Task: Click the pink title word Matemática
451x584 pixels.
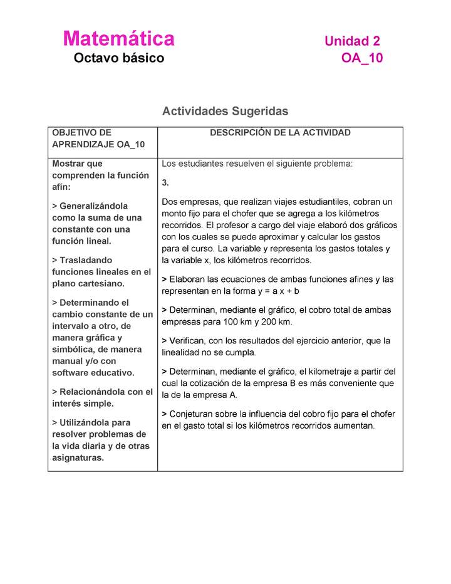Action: [x=118, y=39]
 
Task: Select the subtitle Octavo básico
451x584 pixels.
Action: [x=118, y=58]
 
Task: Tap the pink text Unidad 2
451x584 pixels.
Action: [x=352, y=41]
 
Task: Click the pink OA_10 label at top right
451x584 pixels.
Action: [x=361, y=58]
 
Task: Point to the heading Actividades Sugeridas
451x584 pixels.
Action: [x=225, y=111]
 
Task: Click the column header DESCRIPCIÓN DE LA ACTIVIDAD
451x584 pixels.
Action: [x=280, y=133]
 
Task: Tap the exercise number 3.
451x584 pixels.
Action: [x=165, y=183]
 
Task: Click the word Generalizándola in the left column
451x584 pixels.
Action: [x=93, y=206]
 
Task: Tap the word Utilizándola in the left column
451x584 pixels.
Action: [x=86, y=423]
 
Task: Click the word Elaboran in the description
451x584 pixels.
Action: [x=186, y=279]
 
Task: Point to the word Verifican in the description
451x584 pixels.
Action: [x=188, y=341]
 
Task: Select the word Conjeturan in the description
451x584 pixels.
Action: [x=192, y=414]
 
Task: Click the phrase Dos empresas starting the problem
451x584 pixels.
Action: [x=190, y=202]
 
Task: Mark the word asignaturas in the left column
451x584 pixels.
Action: [x=78, y=458]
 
